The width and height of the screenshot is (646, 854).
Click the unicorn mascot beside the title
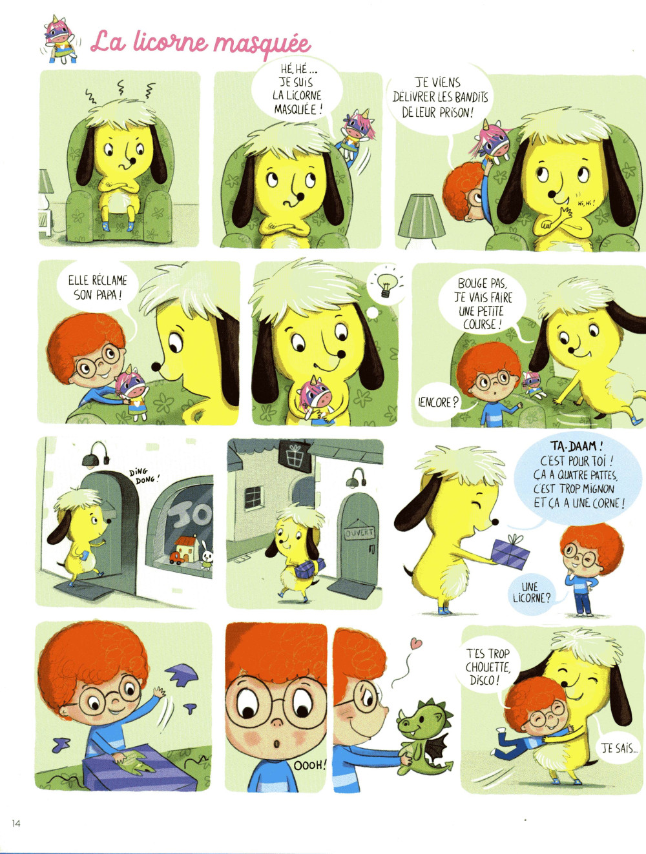click(x=60, y=39)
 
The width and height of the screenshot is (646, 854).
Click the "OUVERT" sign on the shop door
click(x=359, y=533)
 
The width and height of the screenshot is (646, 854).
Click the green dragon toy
click(x=424, y=737)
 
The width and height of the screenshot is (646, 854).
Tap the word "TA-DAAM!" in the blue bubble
click(x=577, y=445)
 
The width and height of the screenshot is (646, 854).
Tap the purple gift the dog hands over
click(x=510, y=552)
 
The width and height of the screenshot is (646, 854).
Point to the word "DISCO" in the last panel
click(x=484, y=680)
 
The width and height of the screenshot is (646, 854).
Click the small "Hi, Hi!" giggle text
click(x=587, y=202)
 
